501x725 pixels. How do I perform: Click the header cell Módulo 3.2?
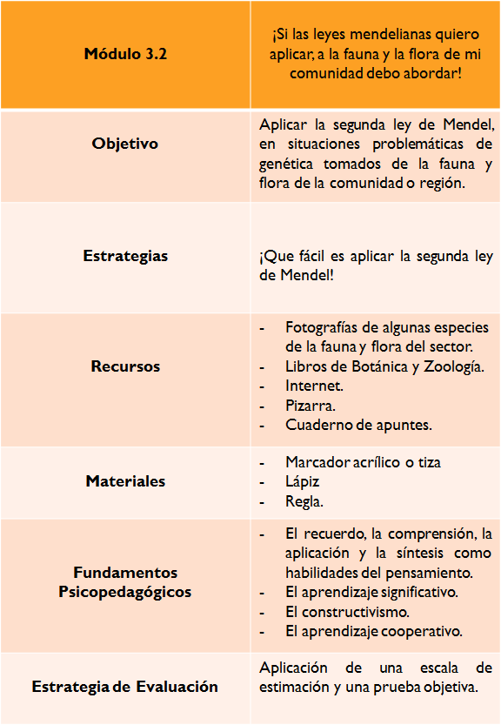pos(125,54)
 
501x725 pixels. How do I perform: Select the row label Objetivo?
pos(125,144)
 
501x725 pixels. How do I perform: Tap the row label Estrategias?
pos(125,256)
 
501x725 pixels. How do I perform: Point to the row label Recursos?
pos(125,366)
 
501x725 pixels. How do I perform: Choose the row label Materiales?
pos(125,481)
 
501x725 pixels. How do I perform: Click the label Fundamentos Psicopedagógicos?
pos(125,582)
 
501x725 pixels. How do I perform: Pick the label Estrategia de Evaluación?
pos(125,687)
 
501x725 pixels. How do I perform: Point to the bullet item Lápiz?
pos(302,481)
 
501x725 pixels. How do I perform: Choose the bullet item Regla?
pos(304,502)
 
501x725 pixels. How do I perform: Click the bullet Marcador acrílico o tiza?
pos(369,462)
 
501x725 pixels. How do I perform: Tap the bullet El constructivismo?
pos(348,612)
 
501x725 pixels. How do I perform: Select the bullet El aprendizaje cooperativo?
pos(374,631)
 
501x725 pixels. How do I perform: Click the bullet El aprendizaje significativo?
pos(371,592)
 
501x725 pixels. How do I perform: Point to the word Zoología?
pos(453,366)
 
